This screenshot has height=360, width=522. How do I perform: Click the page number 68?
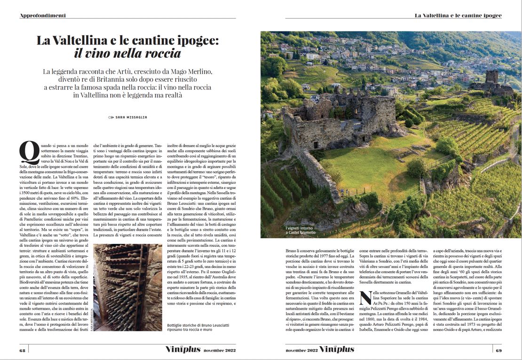point(23,350)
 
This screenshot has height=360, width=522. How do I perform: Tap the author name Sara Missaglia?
point(131,117)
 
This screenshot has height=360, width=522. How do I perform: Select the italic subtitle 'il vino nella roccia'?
point(127,53)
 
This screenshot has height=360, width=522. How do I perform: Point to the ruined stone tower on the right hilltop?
point(492,77)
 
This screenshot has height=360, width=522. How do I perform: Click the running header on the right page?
point(458,16)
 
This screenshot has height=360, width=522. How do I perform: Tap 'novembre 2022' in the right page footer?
point(301,351)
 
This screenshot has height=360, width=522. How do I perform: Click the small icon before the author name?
point(111,117)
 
